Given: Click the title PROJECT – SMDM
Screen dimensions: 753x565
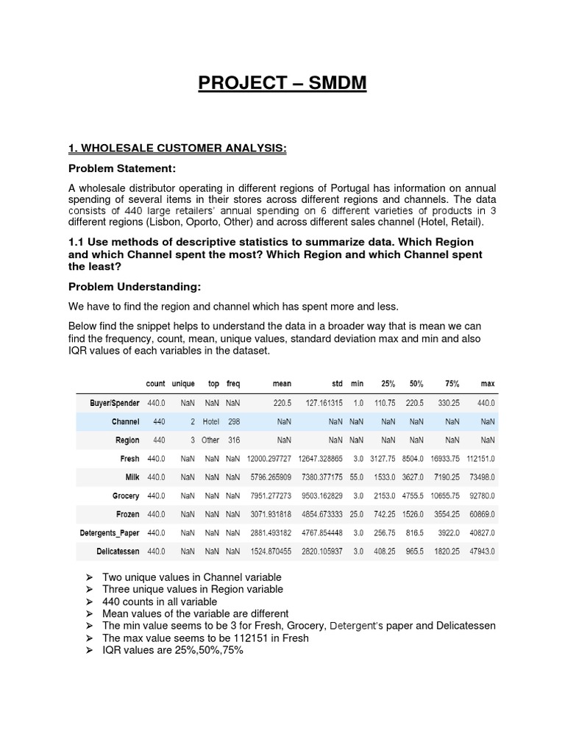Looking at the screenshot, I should [282, 84].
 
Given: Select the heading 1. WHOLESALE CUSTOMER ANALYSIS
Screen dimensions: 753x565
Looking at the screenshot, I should [177, 149].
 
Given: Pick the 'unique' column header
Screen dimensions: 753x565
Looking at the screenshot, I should [183, 384].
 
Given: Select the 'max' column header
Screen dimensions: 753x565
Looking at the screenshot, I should [487, 384].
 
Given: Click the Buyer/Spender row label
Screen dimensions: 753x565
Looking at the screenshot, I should [114, 404].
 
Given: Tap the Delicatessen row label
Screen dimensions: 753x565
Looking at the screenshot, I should [116, 551].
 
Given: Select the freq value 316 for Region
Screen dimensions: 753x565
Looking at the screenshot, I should [233, 440].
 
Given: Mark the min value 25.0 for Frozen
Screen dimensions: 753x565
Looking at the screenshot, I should [357, 514].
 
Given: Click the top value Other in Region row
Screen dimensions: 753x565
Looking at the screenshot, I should [211, 440].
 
